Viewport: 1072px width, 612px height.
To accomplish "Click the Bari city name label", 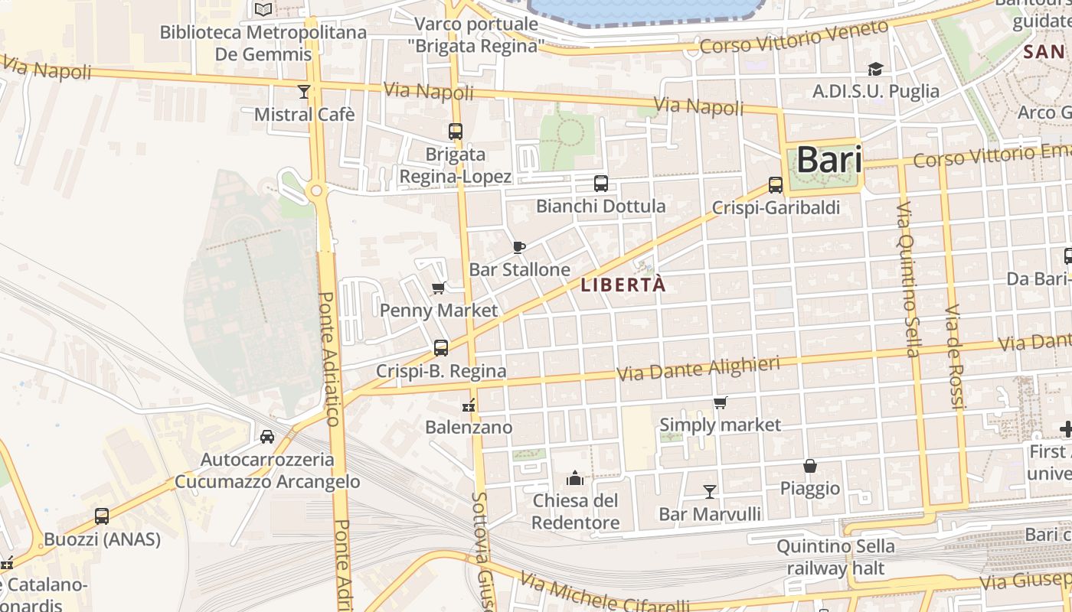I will point(829,161).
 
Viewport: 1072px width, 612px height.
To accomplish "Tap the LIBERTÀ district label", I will point(623,285).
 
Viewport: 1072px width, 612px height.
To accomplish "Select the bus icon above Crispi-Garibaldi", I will point(776,185).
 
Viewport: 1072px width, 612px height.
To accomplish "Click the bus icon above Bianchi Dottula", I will point(601,184).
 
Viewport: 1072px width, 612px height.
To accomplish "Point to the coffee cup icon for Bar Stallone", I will point(518,247).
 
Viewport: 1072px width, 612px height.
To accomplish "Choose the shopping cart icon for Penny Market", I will point(439,288).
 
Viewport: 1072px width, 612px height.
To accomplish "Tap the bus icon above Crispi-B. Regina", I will point(441,348).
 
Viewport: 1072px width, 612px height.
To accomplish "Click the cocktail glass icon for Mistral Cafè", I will point(304,92).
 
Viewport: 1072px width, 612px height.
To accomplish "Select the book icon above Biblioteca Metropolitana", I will point(263,10).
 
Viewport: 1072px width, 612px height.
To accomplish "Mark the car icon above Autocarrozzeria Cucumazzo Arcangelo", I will point(267,437).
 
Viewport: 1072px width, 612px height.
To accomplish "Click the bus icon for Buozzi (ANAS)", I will point(102,516).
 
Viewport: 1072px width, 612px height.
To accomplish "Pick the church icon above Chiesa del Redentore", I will point(575,479).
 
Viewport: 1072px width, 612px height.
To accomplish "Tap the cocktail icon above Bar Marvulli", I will point(710,491).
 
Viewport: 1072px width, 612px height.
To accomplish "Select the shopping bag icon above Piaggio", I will point(810,466).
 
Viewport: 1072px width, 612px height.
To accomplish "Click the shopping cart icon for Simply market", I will point(720,402).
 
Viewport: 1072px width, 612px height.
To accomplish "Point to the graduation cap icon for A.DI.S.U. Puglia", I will point(875,69).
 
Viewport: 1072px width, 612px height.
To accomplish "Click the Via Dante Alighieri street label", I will point(698,368).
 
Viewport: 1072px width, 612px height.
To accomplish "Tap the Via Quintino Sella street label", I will point(908,279).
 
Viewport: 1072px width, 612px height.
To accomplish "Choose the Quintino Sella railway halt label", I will point(835,557).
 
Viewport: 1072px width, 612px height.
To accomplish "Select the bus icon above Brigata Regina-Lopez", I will point(456,131).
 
